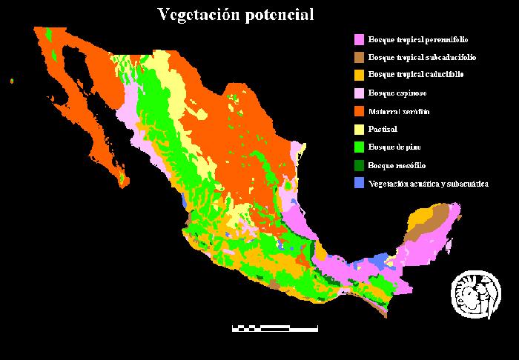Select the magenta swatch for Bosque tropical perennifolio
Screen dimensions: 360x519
(x=360, y=39)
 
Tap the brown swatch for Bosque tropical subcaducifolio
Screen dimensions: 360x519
(x=360, y=57)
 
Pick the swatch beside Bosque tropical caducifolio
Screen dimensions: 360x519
(x=360, y=75)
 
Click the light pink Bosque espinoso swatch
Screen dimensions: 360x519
(x=360, y=93)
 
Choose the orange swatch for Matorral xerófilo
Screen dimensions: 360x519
(x=360, y=111)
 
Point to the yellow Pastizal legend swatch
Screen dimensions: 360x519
(x=360, y=129)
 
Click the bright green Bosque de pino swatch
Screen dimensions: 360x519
(x=360, y=147)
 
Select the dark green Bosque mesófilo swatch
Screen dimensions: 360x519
(x=360, y=165)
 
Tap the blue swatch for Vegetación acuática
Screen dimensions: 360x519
(x=360, y=183)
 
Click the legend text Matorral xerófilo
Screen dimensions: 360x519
(x=399, y=111)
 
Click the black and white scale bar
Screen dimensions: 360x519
(x=274, y=327)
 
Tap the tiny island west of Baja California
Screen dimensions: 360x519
(x=13, y=81)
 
